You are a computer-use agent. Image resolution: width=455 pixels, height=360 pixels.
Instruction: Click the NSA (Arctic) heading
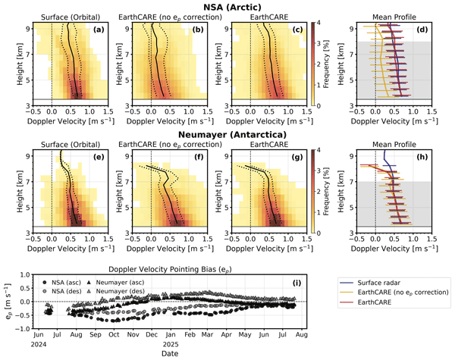click(x=227, y=6)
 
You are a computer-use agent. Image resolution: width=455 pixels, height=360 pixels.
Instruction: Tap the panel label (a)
click(x=97, y=29)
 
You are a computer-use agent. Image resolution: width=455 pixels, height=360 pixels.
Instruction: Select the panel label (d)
click(x=422, y=29)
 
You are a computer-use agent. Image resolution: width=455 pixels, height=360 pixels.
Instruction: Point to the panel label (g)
click(x=296, y=161)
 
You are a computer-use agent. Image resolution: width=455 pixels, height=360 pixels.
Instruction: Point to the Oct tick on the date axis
click(x=114, y=334)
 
